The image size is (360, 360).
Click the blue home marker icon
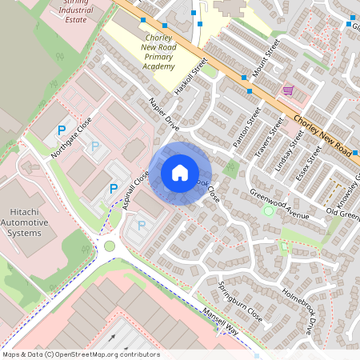(x=180, y=173)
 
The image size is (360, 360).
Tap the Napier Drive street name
(x=164, y=114)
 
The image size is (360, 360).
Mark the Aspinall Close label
(x=136, y=192)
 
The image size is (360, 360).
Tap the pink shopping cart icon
(x=288, y=90)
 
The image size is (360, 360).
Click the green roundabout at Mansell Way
(x=110, y=246)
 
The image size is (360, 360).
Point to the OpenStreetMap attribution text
(x=81, y=354)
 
